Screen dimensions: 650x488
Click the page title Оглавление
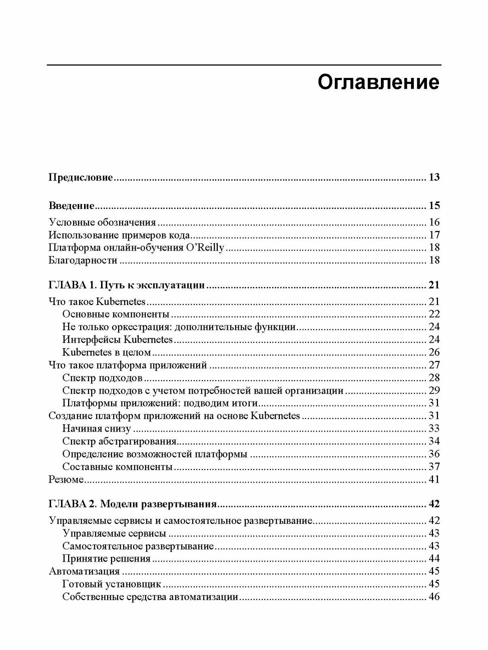[378, 82]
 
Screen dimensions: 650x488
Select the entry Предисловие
[81, 177]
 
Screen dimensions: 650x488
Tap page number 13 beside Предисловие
[434, 177]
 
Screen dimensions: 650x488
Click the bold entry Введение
[72, 205]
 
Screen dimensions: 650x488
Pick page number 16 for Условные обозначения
[434, 222]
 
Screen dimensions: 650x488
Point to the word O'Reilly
[205, 247]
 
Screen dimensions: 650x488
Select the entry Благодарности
[83, 260]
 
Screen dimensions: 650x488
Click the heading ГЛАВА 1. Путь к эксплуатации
[127, 285]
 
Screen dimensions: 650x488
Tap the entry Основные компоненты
[116, 314]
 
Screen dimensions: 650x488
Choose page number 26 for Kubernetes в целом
[434, 352]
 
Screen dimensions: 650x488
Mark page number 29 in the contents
[434, 390]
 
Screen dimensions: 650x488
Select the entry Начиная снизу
[97, 428]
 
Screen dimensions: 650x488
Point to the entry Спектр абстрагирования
[120, 441]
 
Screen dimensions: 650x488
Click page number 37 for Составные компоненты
[434, 466]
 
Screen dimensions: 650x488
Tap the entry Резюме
[66, 479]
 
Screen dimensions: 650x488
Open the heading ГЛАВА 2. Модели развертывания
[133, 504]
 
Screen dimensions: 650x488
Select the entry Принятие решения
[107, 558]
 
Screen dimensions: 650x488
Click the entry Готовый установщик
[112, 584]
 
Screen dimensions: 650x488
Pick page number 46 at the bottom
[434, 596]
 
